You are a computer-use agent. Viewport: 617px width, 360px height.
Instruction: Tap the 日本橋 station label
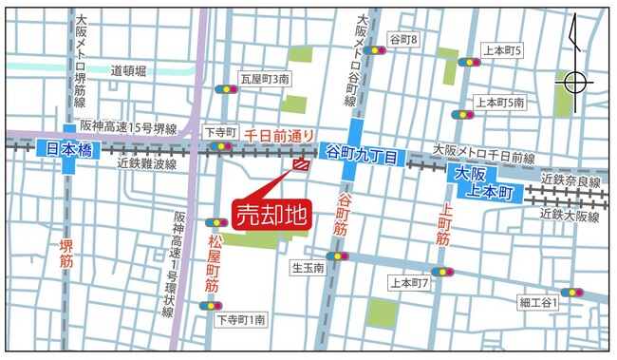[69, 149]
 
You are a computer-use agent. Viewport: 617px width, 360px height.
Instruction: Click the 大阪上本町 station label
[483, 183]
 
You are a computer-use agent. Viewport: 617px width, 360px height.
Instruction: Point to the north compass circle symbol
[576, 83]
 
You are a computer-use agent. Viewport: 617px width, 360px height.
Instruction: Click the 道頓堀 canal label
[128, 70]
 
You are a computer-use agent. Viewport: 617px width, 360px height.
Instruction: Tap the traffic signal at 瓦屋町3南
[227, 89]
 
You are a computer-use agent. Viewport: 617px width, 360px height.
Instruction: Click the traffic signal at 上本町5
[469, 62]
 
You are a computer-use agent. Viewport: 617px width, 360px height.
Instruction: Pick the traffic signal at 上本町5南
[462, 114]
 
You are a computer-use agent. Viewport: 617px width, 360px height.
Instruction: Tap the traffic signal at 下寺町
[221, 147]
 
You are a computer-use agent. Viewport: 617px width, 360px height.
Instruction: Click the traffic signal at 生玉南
[338, 256]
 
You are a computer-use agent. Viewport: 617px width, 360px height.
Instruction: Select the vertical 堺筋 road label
[65, 242]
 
